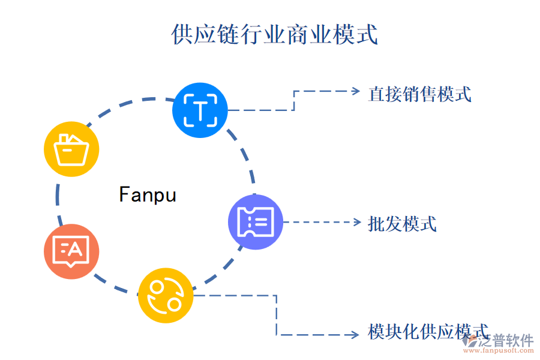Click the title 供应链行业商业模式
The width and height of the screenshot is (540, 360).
274,34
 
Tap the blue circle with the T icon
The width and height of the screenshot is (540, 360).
200,110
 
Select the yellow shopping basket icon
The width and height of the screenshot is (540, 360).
72,149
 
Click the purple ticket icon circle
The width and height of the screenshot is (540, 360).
256,222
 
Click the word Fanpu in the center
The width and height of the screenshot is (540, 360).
148,195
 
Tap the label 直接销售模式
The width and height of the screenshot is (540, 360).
419,94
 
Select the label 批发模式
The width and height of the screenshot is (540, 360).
402,224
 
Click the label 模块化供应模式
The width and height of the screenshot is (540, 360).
428,332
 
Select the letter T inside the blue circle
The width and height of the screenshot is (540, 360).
200,110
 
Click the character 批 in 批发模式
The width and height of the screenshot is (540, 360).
376,224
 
